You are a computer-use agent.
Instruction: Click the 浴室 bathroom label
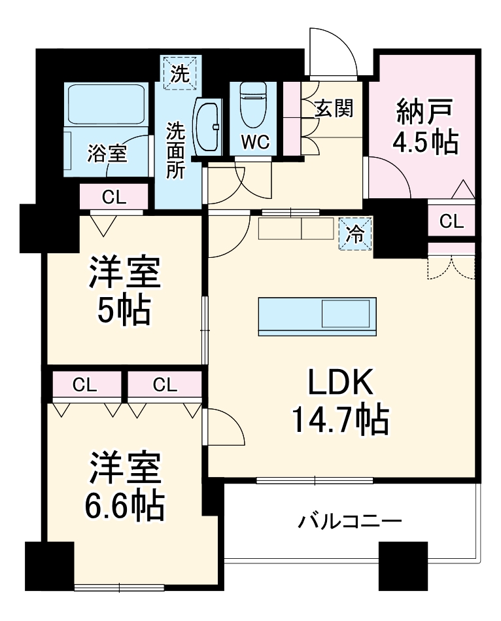click(x=108, y=154)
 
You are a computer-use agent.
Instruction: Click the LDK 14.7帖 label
click(x=340, y=402)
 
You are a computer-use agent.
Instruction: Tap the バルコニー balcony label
click(x=349, y=522)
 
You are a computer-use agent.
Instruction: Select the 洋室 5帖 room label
click(x=125, y=291)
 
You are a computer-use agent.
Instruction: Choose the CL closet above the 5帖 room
click(x=114, y=195)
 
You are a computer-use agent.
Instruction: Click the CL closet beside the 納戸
click(x=451, y=222)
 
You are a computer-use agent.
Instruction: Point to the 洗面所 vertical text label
click(x=175, y=151)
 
